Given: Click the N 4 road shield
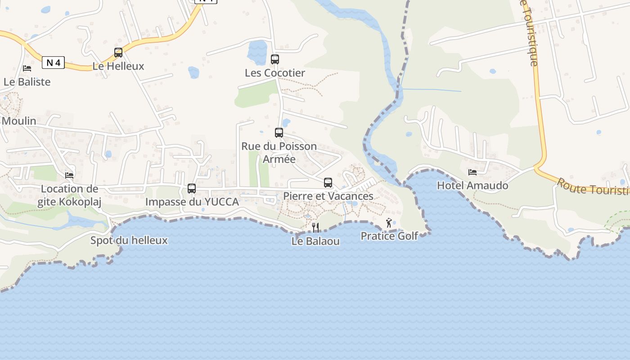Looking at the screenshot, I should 53,63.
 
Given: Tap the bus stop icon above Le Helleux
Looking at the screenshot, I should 118,53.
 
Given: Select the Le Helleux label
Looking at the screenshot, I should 118,66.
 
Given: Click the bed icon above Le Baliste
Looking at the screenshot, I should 27,68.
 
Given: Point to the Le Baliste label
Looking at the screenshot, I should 27,82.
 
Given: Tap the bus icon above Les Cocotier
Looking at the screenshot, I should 274,59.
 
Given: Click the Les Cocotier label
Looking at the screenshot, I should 274,73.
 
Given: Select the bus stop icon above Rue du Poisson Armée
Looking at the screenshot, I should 279,132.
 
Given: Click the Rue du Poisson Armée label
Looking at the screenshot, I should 279,153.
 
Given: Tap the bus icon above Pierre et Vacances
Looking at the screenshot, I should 328,183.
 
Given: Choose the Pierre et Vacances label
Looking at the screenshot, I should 328,196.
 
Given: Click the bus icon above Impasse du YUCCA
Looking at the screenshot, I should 192,189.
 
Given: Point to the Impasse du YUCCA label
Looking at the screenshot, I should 192,202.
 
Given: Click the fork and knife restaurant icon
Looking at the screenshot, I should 315,227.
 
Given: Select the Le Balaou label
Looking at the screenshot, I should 315,241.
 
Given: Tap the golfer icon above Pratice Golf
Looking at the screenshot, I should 389,222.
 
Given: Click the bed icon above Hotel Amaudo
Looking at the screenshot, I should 472,172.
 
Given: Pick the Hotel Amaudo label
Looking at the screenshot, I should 472,185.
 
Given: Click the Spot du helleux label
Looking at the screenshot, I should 129,240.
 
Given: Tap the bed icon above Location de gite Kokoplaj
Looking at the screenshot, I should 69,175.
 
